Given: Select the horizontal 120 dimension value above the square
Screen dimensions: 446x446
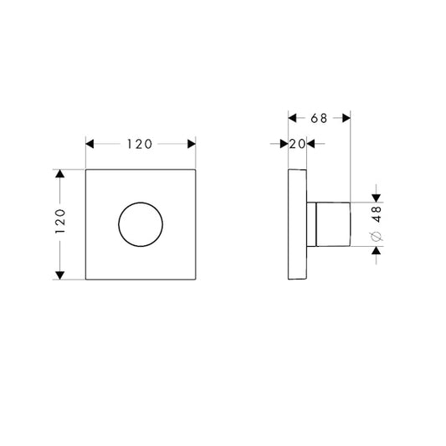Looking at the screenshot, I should (x=141, y=143).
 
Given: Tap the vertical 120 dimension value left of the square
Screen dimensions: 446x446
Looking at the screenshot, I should (x=59, y=224).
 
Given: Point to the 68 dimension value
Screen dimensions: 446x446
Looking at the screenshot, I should (x=319, y=117).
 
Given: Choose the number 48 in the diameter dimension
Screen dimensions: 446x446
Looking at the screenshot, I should (x=376, y=214).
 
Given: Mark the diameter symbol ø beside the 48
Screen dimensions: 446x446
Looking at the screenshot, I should (x=376, y=238).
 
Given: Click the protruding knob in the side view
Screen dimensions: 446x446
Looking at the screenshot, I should (x=330, y=224).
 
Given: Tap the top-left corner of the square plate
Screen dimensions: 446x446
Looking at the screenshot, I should (x=86, y=170).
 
